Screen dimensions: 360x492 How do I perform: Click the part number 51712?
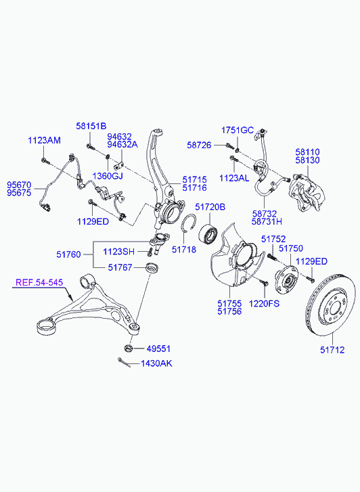click(x=332, y=350)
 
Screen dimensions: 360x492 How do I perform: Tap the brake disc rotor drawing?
click(x=330, y=305)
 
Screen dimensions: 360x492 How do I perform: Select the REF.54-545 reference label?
click(x=39, y=282)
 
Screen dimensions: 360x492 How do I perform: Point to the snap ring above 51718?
click(x=189, y=223)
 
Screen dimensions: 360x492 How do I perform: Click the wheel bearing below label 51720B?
click(x=208, y=233)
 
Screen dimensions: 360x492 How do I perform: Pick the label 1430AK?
click(x=156, y=363)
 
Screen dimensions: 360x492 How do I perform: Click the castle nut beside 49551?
click(x=128, y=348)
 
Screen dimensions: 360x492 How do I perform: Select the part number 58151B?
click(x=91, y=126)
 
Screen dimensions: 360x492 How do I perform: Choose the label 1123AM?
click(x=44, y=140)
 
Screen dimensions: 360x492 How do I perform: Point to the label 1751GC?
click(x=238, y=130)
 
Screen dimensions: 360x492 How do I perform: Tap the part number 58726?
click(x=200, y=145)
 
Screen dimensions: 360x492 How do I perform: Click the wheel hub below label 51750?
click(x=286, y=278)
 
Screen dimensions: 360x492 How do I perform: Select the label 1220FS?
click(x=264, y=303)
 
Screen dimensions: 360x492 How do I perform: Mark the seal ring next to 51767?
click(x=152, y=267)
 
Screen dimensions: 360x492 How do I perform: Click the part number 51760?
click(x=69, y=254)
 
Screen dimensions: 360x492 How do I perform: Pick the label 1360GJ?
click(x=108, y=176)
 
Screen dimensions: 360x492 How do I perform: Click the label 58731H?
click(x=267, y=221)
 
